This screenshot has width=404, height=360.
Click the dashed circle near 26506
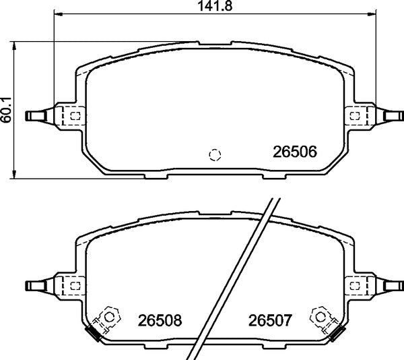pyautogui.click(x=215, y=154)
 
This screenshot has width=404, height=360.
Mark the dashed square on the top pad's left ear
pyautogui.click(x=75, y=116)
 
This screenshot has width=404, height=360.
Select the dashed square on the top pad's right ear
pyautogui.click(x=355, y=116)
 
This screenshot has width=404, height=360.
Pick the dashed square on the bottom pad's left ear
pyautogui.click(x=75, y=284)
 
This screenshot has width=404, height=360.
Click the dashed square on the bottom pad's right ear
pyautogui.click(x=355, y=284)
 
